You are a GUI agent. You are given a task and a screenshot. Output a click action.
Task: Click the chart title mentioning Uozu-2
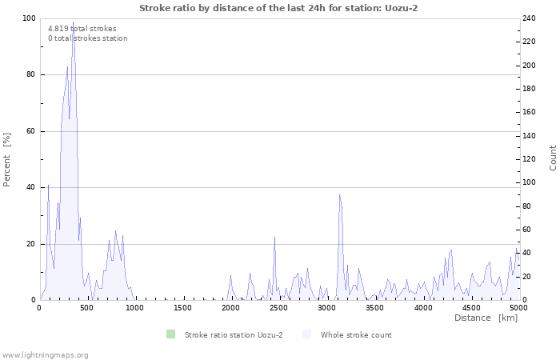pyautogui.click(x=278, y=8)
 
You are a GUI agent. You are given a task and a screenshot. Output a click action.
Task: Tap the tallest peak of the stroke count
pyautogui.click(x=73, y=23)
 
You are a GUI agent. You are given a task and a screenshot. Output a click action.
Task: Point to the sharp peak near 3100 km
pyautogui.click(x=339, y=195)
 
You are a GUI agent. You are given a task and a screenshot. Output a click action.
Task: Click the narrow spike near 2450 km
pyautogui.click(x=274, y=238)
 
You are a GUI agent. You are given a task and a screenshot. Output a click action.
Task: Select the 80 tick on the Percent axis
pyautogui.click(x=30, y=74)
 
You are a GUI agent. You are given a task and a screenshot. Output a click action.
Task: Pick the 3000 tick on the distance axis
pyautogui.click(x=326, y=307)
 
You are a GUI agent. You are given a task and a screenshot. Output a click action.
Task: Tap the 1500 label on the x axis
pyautogui.click(x=183, y=307)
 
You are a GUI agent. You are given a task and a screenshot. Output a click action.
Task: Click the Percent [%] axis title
pyautogui.click(x=7, y=159)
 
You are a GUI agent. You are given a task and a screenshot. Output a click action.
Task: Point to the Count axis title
pyautogui.click(x=553, y=158)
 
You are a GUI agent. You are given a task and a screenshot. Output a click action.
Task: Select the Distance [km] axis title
pyautogui.click(x=486, y=318)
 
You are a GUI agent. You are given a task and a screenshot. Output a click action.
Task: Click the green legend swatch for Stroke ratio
pyautogui.click(x=170, y=334)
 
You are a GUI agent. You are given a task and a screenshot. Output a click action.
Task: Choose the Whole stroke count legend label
pyautogui.click(x=356, y=334)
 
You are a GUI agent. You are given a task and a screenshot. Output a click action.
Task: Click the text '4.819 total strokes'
pyautogui.click(x=82, y=29)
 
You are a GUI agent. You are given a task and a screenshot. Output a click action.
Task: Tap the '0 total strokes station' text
pyautogui.click(x=87, y=38)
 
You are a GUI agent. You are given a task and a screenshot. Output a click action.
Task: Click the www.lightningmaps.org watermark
pyautogui.click(x=45, y=354)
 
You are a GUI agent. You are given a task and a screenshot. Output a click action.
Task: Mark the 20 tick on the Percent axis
pyautogui.click(x=30, y=243)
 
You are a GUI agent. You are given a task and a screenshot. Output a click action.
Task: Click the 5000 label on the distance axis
pyautogui.click(x=518, y=307)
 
